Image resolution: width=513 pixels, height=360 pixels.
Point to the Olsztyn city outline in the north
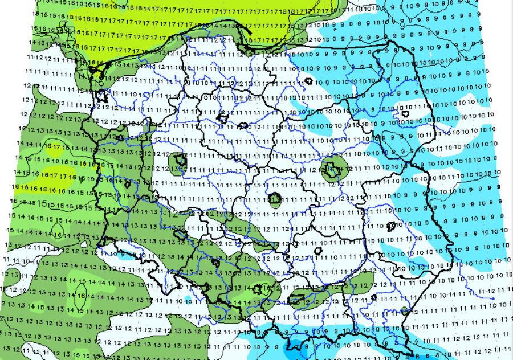point(308,81)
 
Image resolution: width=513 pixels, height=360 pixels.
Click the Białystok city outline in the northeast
point(406,114)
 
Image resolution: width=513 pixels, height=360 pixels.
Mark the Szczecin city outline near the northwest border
point(103,94)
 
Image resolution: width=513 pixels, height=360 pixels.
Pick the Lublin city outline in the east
point(391,227)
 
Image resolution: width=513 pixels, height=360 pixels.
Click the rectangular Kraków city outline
point(296,298)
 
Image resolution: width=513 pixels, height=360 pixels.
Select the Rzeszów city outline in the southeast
point(373,297)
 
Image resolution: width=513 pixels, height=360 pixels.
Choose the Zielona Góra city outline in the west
point(128,183)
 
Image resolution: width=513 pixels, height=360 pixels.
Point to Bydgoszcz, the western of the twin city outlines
point(223,118)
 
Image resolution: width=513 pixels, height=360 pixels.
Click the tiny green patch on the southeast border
point(404,310)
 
